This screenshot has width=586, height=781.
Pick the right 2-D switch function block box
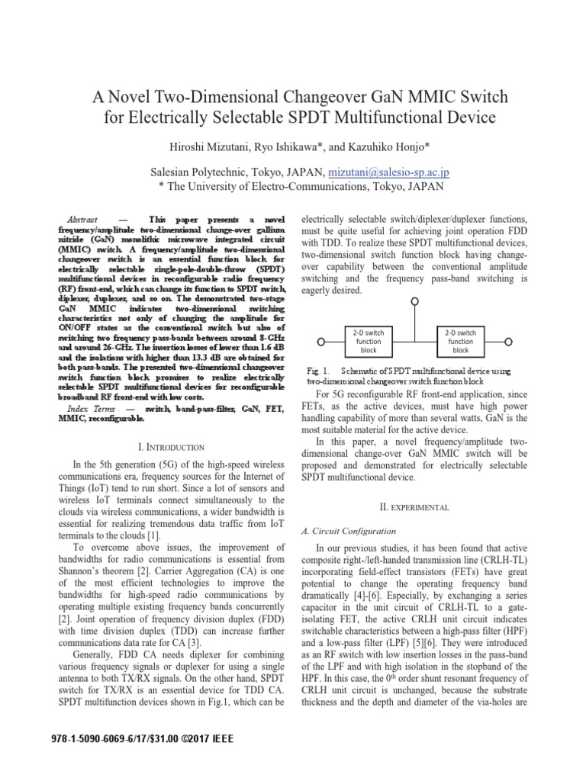click(461, 341)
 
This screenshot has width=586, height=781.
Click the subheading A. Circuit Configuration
click(349, 531)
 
